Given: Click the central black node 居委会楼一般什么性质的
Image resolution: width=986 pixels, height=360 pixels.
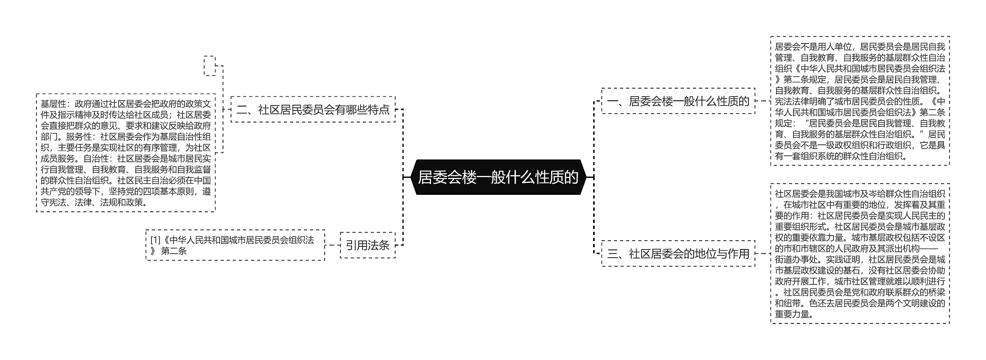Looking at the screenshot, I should click(x=498, y=177).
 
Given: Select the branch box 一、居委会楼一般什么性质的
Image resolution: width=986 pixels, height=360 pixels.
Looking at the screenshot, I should click(x=678, y=101).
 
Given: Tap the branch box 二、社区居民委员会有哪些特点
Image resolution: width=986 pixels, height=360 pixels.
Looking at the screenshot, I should click(x=313, y=110).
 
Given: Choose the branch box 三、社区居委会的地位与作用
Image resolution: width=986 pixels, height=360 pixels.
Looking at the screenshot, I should click(x=678, y=253).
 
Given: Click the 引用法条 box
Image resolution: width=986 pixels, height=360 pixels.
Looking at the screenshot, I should click(x=367, y=245).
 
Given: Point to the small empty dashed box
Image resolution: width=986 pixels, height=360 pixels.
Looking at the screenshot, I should click(x=210, y=66).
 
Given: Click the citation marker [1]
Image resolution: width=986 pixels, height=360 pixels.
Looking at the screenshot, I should click(x=155, y=240).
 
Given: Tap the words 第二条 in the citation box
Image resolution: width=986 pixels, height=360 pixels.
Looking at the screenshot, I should click(x=174, y=251).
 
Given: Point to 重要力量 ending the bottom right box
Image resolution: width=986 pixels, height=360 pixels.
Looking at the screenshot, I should click(x=792, y=314).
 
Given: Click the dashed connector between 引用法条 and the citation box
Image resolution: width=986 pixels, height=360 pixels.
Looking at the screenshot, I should click(x=332, y=245).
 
